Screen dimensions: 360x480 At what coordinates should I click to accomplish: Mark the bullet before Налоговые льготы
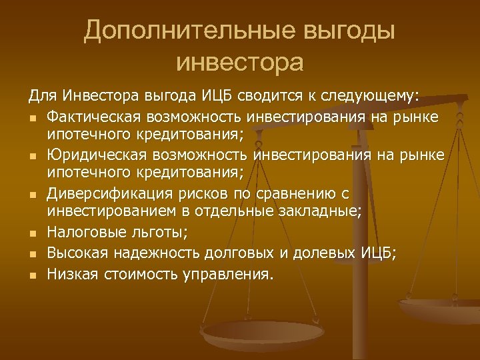click(x=33, y=234)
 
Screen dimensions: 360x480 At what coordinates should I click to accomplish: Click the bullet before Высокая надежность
click(x=33, y=254)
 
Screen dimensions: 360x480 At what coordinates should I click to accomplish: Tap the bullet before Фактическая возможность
click(x=33, y=119)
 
